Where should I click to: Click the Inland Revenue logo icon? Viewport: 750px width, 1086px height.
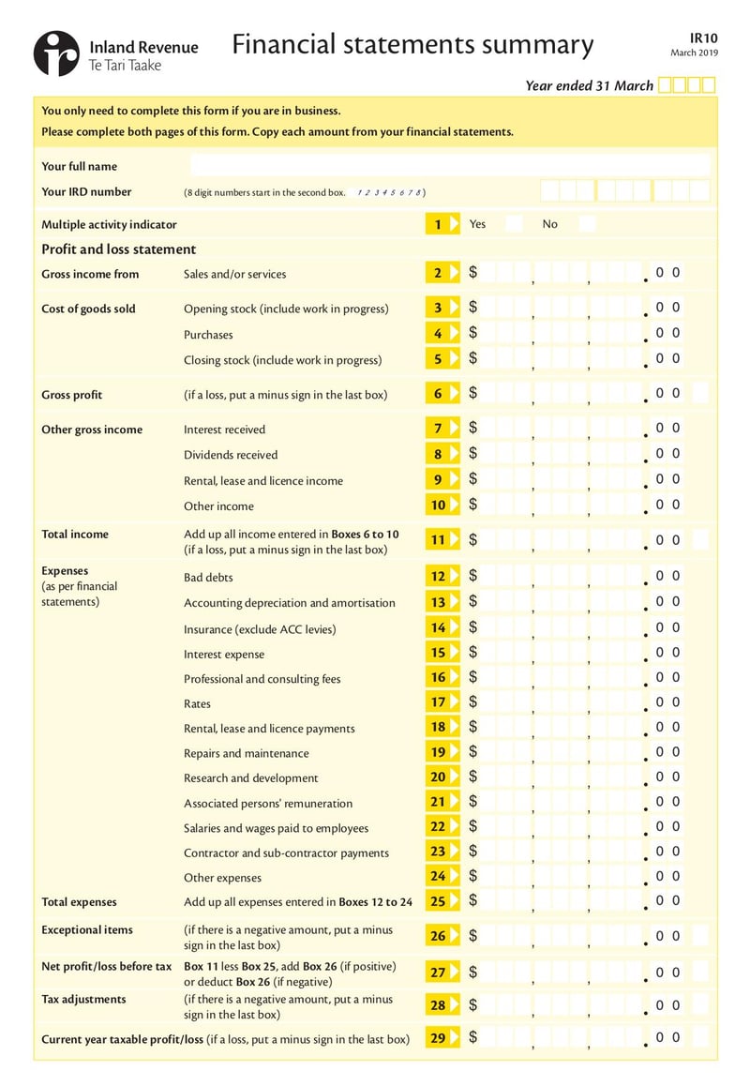click(x=56, y=53)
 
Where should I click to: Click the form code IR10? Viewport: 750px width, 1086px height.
click(x=702, y=37)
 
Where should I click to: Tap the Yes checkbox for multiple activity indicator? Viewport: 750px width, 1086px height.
click(x=514, y=224)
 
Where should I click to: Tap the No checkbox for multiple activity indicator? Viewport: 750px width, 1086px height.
click(x=587, y=224)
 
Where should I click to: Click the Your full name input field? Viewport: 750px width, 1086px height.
click(x=450, y=166)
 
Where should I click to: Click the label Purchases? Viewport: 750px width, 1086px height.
click(x=208, y=335)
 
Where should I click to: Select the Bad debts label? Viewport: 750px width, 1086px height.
click(x=208, y=578)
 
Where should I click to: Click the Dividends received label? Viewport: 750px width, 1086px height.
click(x=231, y=455)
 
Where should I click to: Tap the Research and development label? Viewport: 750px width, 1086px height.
click(x=250, y=778)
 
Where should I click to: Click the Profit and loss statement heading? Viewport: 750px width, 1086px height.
click(x=118, y=249)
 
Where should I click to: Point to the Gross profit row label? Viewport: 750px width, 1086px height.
click(x=72, y=395)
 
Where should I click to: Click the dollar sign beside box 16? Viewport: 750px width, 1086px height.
click(x=473, y=677)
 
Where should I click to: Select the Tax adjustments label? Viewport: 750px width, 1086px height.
click(x=83, y=1000)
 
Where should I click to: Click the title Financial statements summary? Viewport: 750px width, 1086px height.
click(x=412, y=45)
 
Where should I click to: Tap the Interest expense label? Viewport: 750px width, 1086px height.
click(x=224, y=655)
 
